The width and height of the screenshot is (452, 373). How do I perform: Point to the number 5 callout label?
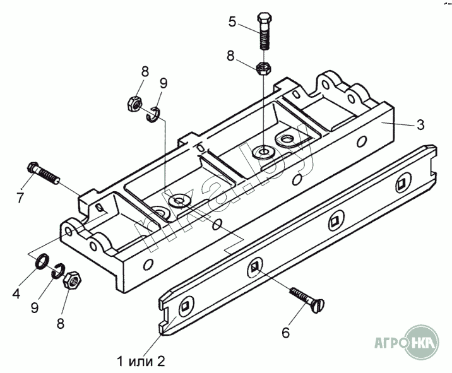(232, 22)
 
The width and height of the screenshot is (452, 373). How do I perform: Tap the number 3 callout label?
(420, 124)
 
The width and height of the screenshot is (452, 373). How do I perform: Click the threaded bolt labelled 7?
(44, 174)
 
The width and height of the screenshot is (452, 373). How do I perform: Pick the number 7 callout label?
(20, 198)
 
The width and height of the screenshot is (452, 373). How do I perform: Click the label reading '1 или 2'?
(140, 361)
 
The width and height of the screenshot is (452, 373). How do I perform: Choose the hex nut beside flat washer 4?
(73, 279)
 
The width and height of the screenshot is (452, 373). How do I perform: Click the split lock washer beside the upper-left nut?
(154, 115)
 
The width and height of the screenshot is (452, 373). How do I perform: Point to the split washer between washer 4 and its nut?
(58, 270)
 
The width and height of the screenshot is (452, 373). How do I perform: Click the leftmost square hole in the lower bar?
(185, 307)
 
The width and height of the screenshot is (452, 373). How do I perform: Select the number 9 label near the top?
(163, 83)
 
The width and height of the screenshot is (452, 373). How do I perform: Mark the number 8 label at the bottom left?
(61, 324)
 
